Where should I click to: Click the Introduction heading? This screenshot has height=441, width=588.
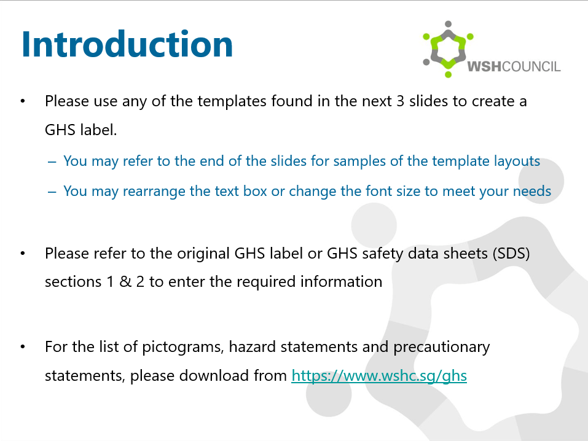[127, 44]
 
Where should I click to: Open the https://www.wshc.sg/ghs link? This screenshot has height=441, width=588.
[379, 376]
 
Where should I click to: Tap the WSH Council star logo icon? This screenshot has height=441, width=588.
[448, 50]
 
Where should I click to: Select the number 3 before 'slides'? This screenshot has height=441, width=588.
[401, 101]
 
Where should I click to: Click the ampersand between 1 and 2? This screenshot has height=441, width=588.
[125, 282]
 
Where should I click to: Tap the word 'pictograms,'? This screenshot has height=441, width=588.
[183, 347]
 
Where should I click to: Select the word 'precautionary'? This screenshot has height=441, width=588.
[441, 347]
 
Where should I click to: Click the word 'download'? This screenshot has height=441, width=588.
[214, 376]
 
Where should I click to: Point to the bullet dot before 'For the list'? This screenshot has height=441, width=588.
[23, 347]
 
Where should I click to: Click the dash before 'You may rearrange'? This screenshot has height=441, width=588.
[52, 192]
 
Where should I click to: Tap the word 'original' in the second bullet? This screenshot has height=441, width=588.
[203, 254]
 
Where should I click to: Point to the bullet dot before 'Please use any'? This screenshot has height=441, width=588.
[23, 101]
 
